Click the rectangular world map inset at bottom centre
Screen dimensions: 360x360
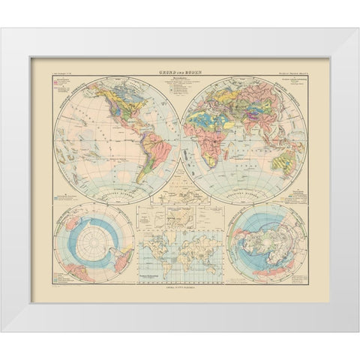pyautogui.click(x=179, y=259)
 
